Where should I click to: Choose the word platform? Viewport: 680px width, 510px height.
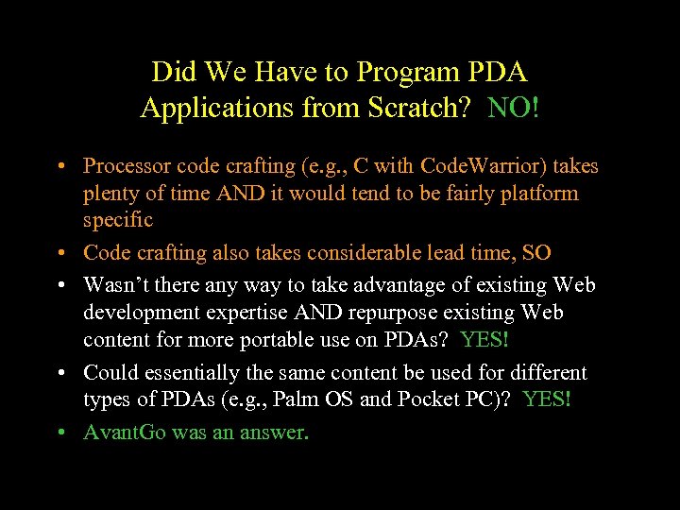[535, 194]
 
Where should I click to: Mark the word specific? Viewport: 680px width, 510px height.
[117, 220]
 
